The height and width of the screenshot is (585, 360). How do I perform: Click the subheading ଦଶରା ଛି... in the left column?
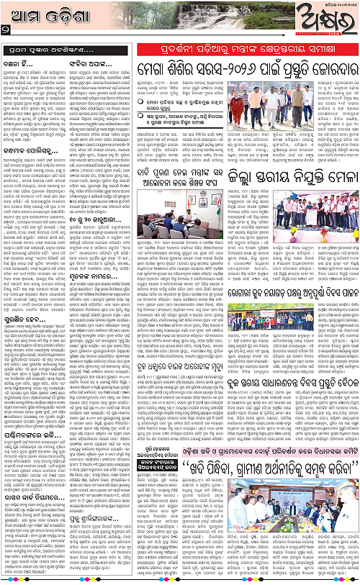tap(22, 64)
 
